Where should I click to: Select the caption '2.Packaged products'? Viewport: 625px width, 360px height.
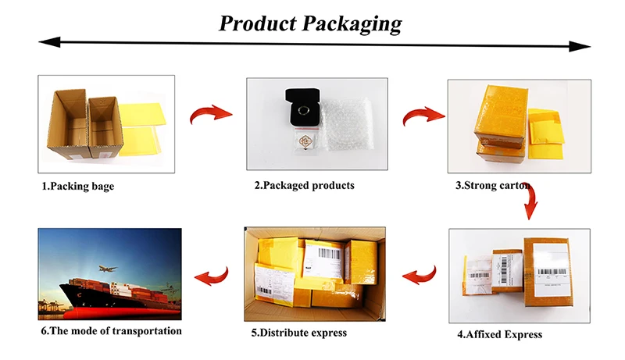click(304, 186)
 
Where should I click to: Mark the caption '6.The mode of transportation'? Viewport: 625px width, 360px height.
click(111, 330)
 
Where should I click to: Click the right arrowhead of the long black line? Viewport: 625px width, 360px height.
click(581, 47)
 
